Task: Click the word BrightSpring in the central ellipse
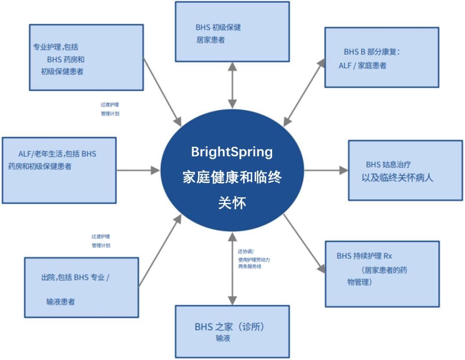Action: pos(232,152)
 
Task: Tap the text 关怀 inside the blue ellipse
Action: pos(232,203)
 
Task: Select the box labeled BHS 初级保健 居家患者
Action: pos(232,31)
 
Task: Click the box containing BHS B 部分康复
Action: pos(381,58)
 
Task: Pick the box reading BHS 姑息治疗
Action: pos(405,170)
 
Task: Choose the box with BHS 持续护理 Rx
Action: pos(382,274)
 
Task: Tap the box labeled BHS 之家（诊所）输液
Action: pos(232,331)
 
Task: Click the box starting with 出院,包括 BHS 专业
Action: pos(81,287)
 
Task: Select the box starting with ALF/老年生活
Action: pos(59,170)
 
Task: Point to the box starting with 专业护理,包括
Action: pos(86,57)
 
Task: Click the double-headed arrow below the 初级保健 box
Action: pos(232,85)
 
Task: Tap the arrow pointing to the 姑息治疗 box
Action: pos(325,171)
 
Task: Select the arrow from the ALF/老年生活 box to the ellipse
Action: pos(138,171)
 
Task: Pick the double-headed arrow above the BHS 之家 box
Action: pos(232,268)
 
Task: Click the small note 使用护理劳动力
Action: pos(254,260)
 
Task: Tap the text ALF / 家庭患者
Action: pos(362,66)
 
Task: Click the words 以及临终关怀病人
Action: pos(397,177)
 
